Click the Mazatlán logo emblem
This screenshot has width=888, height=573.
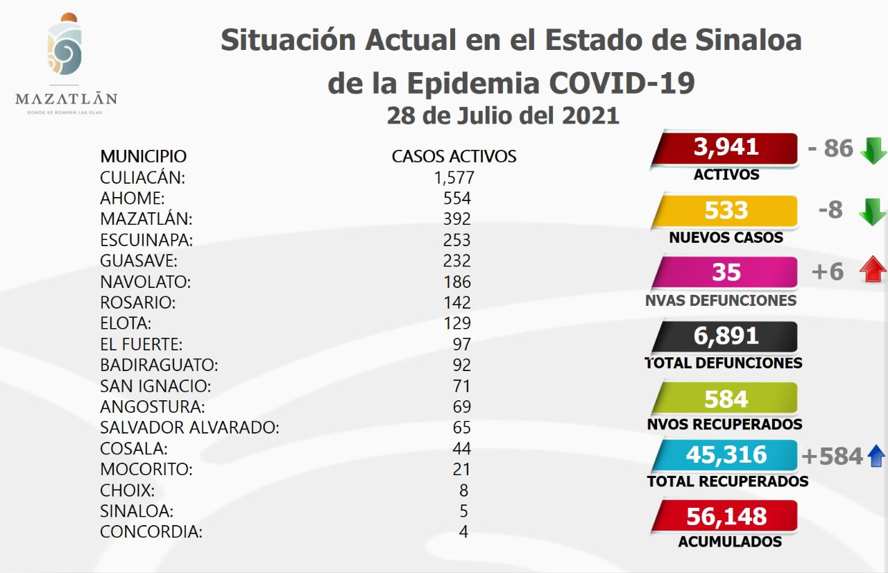coord(65,47)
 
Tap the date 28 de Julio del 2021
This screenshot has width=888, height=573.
coord(503,114)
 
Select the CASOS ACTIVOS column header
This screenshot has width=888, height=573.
coord(454,156)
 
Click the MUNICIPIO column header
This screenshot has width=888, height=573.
coord(143,156)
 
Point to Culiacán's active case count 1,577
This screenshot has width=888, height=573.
coord(454,178)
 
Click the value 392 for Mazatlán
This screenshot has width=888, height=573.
coord(456,219)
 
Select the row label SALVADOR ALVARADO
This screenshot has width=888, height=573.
coord(189,427)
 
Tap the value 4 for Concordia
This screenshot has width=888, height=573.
coord(463,532)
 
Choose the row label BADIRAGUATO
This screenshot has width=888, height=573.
coord(159,365)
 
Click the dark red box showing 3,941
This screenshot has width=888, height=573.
coord(726,148)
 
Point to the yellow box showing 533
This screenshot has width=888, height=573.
coord(726,211)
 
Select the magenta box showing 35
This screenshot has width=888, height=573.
coord(726,272)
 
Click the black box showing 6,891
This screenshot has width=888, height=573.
coord(726,336)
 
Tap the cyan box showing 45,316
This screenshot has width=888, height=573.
coord(726,455)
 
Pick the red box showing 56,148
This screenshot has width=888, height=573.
coord(726,516)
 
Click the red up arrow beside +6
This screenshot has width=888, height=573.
coord(873,271)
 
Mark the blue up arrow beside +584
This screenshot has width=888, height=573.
coord(876,456)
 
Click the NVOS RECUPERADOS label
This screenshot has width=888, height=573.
coord(724,424)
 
